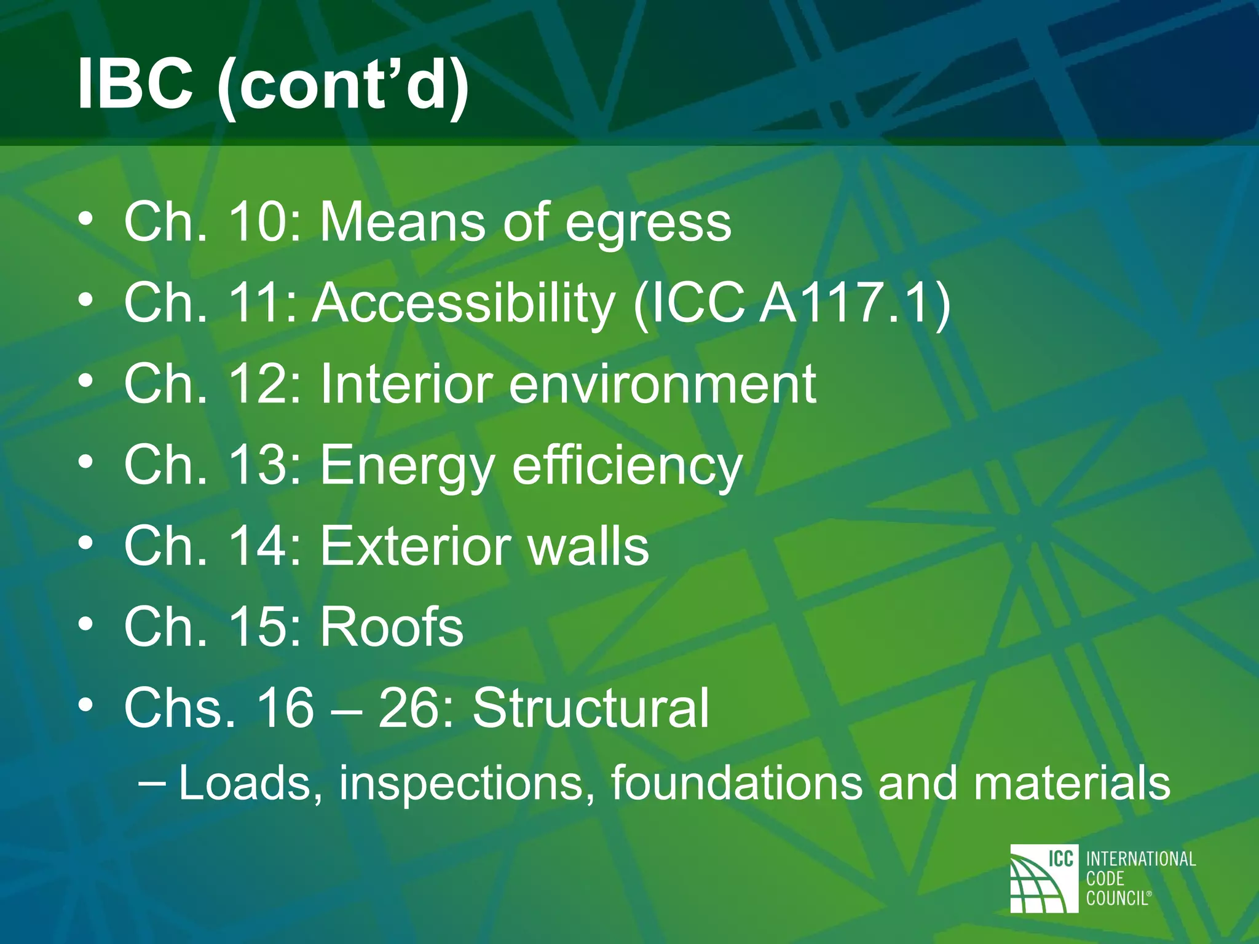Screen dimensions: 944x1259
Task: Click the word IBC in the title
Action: click(x=135, y=84)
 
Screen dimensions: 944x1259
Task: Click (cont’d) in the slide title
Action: click(x=344, y=86)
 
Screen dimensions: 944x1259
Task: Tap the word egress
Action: click(x=648, y=224)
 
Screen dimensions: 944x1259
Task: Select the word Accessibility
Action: click(x=464, y=304)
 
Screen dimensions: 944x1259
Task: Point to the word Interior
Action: click(x=406, y=384)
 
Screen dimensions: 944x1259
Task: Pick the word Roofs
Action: click(x=392, y=627)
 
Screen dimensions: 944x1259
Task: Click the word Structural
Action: click(x=591, y=708)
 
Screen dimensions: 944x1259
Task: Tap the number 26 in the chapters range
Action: click(x=406, y=708)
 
